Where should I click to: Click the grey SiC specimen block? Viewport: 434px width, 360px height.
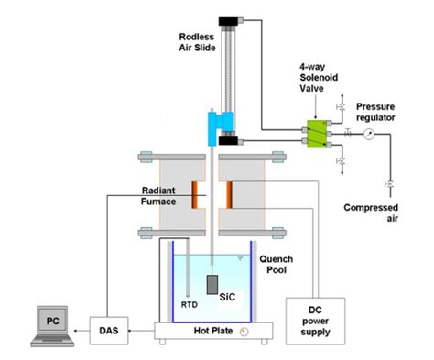coord(213,285)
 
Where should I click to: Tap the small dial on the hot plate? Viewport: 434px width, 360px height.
coord(243,332)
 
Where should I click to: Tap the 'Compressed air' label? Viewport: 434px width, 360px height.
coord(371,213)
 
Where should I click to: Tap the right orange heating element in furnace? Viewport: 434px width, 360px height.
coord(229,194)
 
